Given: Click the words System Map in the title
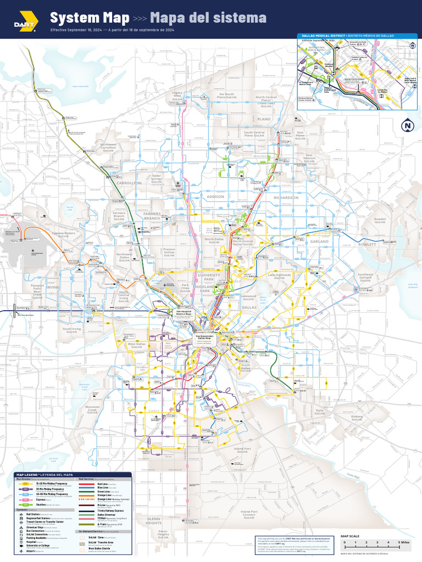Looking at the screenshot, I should (90, 18).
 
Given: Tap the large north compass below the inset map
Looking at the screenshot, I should (407, 126).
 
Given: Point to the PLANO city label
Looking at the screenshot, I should (264, 119).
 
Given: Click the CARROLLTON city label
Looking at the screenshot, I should (129, 183).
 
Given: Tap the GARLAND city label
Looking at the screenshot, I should (319, 241).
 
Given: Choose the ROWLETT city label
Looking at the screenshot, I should (368, 244).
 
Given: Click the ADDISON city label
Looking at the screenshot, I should (215, 196).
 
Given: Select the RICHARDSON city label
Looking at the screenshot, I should (286, 198).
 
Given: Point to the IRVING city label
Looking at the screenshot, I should (52, 287).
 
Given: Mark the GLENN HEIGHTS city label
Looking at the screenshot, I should (154, 521).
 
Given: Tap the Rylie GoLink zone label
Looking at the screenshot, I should (319, 411).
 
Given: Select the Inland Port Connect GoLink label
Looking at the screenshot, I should (249, 515).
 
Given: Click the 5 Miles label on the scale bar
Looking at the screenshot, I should (404, 542).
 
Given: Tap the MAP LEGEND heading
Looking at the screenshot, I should (44, 474).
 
